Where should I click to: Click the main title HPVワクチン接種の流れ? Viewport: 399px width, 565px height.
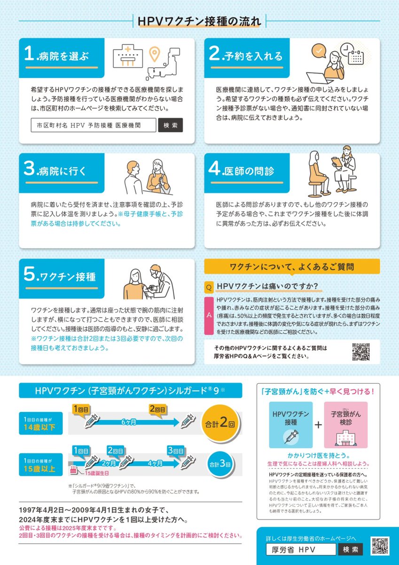coord(200,21)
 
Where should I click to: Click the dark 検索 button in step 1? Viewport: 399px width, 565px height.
coord(170,125)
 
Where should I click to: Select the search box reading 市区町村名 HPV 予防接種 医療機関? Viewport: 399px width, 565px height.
coord(93,125)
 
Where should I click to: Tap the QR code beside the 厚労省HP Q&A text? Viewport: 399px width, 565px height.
coord(361,352)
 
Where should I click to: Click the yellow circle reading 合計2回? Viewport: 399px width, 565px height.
coord(219,422)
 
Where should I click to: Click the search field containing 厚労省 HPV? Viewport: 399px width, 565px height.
coord(301,549)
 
